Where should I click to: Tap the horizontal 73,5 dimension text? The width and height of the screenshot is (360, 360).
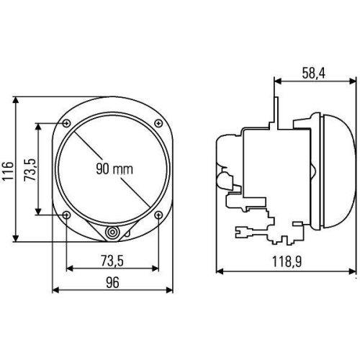tap(112, 261)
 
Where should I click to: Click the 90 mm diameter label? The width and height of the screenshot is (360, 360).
tap(114, 169)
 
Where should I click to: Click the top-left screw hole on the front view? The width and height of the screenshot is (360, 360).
tap(66, 124)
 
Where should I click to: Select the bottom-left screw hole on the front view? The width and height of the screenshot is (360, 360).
tap(66, 215)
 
